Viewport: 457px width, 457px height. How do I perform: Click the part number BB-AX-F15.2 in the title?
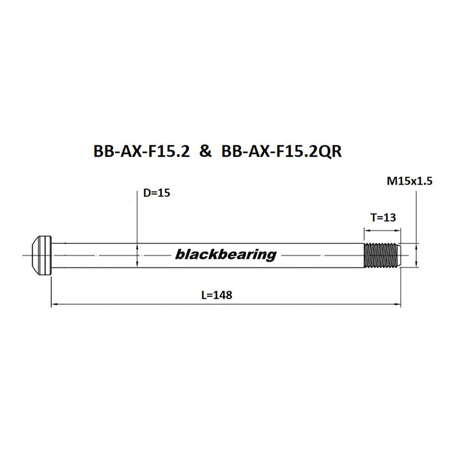click(141, 151)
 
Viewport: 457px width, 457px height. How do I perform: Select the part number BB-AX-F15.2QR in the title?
click(281, 152)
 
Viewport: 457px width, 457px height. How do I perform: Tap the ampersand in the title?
click(206, 152)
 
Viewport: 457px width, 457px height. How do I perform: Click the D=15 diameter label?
click(156, 193)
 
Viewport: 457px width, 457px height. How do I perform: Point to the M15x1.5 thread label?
click(409, 181)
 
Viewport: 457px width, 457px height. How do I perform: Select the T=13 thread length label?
click(383, 218)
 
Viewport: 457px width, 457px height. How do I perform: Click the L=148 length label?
click(217, 295)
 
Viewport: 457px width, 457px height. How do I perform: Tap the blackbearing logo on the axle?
click(226, 255)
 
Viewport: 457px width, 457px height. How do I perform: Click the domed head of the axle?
click(37, 255)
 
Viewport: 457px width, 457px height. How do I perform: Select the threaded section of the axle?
click(381, 255)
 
